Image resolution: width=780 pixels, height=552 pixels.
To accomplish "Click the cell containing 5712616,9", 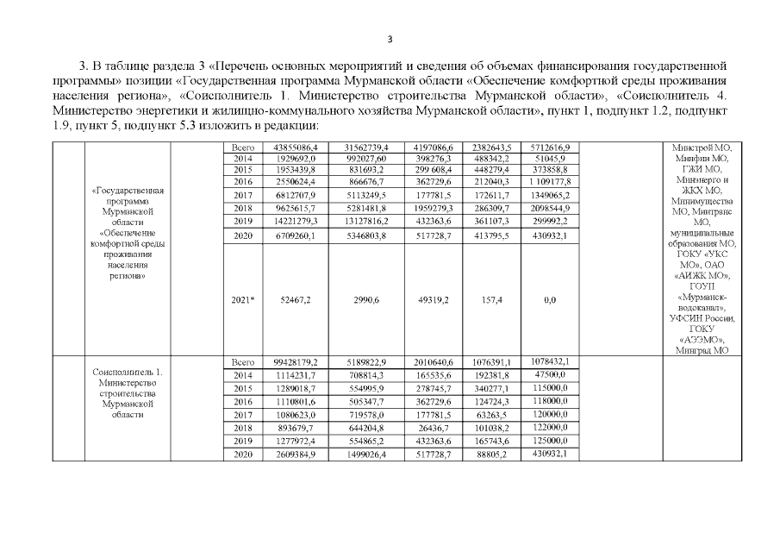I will coord(548,147).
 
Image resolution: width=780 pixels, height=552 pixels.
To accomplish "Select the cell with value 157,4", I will coord(492,299).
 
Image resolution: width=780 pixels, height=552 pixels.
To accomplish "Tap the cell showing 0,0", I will coord(548,299).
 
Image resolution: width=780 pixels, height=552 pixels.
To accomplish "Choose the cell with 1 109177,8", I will coord(548,184).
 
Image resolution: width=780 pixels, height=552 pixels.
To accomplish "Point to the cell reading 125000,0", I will coord(548,440).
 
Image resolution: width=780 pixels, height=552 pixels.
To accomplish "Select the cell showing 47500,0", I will coord(548,376).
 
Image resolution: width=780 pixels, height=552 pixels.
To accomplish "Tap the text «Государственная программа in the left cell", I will coord(127,195).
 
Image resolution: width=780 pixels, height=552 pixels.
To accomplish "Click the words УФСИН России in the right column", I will coord(703,318).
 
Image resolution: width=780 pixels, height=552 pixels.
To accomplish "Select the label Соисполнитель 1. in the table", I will coord(127,372).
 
